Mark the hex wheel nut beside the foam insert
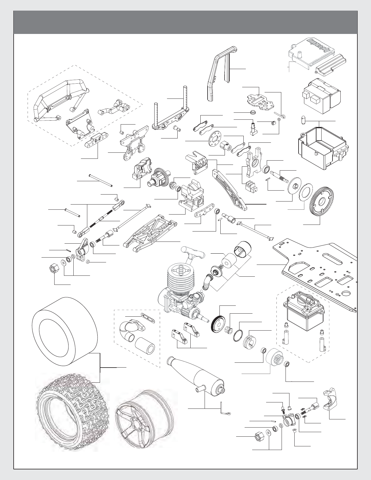click(55, 268)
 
